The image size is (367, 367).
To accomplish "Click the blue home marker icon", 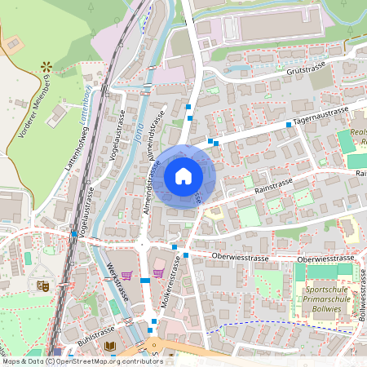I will click(183, 176).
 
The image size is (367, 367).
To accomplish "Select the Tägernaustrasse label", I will click(322, 117).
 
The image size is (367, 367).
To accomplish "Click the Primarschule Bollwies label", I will click(329, 299).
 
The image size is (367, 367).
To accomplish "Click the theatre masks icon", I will click(42, 286).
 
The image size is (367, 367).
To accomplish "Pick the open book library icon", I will click(110, 347).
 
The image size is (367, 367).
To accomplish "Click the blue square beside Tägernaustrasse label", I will click(289, 125).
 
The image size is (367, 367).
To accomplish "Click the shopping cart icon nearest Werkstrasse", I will click(126, 274).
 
